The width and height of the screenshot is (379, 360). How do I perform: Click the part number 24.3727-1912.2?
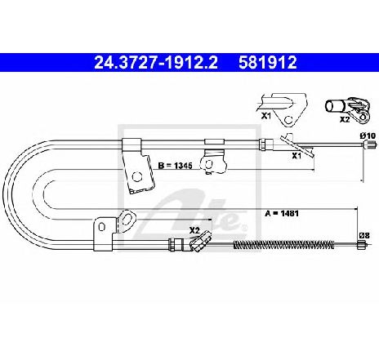156,63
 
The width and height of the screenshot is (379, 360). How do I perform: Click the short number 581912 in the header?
268,63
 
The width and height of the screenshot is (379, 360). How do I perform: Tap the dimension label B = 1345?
176,166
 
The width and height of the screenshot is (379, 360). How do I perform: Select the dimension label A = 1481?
282,213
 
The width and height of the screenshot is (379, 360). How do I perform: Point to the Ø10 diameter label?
368,136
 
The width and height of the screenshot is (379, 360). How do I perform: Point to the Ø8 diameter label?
364,235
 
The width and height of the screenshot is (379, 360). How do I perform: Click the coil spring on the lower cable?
283,245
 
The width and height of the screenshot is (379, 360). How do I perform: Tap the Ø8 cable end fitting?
361,245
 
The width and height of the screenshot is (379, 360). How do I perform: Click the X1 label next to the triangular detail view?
266,116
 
